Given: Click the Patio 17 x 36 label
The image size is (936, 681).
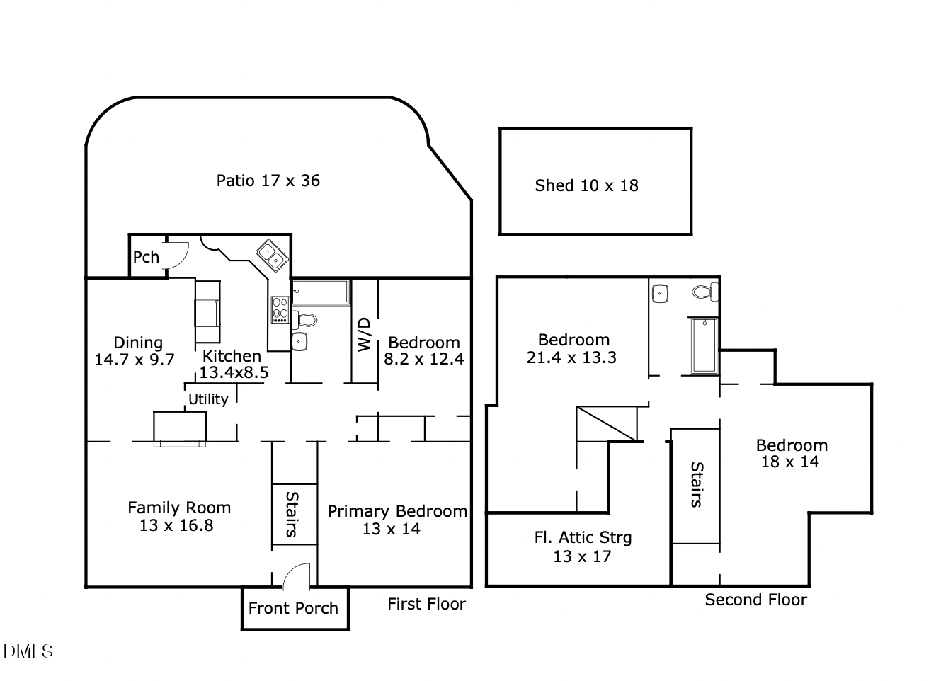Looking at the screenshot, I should click(268, 181).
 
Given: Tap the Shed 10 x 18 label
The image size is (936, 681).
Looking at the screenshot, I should click(586, 185).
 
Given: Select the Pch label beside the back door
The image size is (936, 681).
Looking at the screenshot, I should click(146, 257).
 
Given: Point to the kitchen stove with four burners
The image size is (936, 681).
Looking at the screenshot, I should click(280, 310).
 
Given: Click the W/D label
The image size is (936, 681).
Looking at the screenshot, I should click(364, 334).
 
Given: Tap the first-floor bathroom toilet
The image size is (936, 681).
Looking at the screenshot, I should click(306, 320).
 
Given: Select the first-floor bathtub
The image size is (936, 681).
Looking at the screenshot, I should click(321, 292).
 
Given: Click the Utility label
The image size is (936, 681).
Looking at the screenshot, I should click(208, 399).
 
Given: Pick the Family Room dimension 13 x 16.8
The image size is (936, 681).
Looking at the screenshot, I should click(176, 525).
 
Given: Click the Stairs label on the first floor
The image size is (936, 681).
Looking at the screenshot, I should click(292, 514).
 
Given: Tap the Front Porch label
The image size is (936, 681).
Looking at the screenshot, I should click(293, 608).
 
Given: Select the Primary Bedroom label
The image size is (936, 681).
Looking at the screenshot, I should click(397, 511).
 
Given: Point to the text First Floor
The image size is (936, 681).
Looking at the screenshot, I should click(426, 604).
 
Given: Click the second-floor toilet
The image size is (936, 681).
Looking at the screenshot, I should click(704, 292).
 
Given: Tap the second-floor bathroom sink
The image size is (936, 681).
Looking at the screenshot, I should click(660, 292).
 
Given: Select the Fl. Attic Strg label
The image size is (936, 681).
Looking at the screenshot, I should click(583, 537).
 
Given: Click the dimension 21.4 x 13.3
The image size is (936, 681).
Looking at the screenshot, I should click(571, 357).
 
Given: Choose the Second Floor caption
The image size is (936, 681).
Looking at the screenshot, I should click(755, 600).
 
